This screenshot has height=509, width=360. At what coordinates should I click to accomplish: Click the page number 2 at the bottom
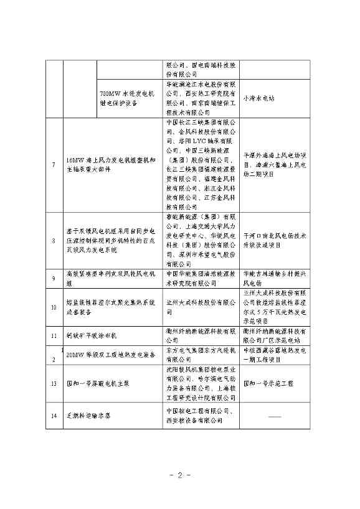180,475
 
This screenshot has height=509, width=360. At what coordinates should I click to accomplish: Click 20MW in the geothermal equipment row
75,355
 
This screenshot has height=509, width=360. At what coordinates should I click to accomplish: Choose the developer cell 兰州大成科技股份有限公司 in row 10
200,302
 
